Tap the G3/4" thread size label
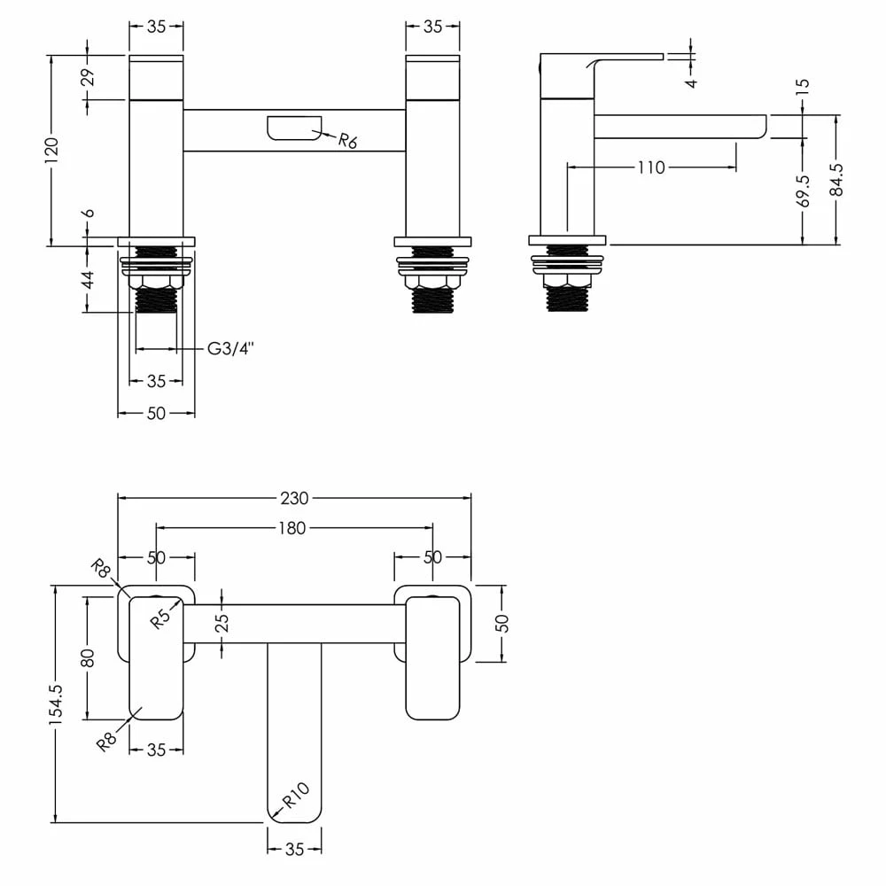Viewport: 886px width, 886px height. click(x=230, y=349)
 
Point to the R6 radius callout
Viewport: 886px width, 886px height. click(x=347, y=140)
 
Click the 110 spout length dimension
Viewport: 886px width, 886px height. click(x=651, y=167)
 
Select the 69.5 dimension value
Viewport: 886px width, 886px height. click(x=804, y=190)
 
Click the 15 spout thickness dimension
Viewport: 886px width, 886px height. click(x=804, y=87)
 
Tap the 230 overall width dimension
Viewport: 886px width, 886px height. click(x=295, y=498)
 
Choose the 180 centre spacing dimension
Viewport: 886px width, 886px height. click(x=291, y=528)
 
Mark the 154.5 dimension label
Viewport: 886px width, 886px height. click(x=56, y=704)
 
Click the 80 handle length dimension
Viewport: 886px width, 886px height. click(x=87, y=657)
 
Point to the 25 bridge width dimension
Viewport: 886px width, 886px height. click(x=221, y=623)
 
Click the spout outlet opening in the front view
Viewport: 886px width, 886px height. click(x=293, y=128)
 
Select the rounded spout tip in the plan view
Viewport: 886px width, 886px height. click(x=294, y=806)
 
